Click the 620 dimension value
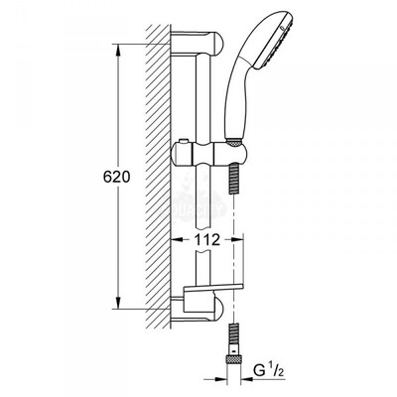click(x=117, y=177)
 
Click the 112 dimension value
click(x=207, y=239)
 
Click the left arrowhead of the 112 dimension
click(x=177, y=239)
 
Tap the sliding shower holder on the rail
click(x=209, y=153)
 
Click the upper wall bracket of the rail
click(x=198, y=43)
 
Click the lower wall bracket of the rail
click(x=198, y=310)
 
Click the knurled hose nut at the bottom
click(x=234, y=356)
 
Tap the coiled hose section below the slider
click(x=234, y=179)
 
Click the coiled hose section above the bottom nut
click(x=234, y=334)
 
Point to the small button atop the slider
click(x=182, y=143)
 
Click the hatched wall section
click(x=158, y=177)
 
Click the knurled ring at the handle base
click(x=234, y=141)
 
